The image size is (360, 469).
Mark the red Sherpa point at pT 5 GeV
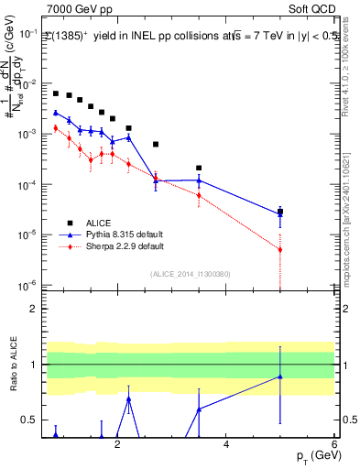click(280, 249)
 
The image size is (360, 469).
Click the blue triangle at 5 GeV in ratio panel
click(280, 376)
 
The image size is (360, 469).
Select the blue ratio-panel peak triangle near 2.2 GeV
click(128, 398)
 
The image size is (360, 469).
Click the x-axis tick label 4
click(225, 446)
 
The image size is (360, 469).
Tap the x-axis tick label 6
click(333, 446)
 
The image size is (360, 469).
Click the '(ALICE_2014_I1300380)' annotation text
click(189, 272)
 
